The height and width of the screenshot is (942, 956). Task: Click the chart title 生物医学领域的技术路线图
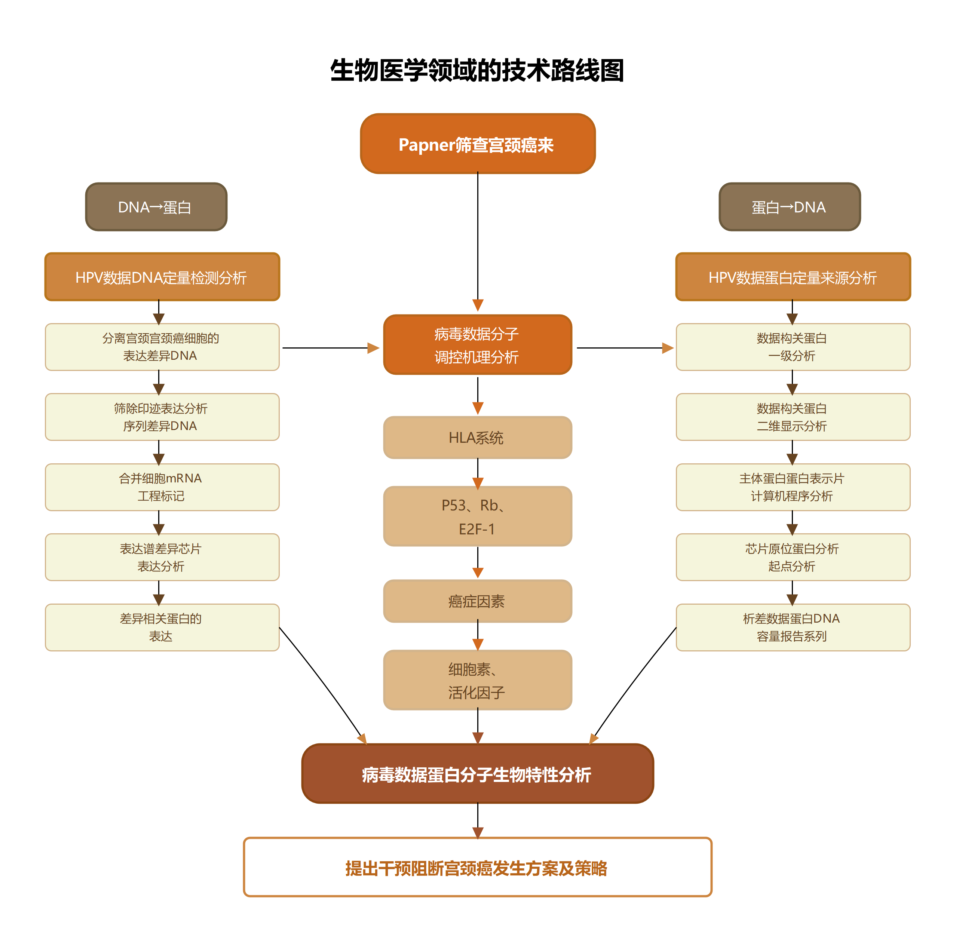pyautogui.click(x=477, y=70)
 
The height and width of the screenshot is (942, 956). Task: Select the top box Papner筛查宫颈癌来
pyautogui.click(x=477, y=144)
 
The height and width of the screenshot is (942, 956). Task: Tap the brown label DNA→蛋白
pyautogui.click(x=156, y=207)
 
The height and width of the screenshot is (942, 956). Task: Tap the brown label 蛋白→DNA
pyautogui.click(x=789, y=207)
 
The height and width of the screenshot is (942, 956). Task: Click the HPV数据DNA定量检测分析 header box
pyautogui.click(x=162, y=277)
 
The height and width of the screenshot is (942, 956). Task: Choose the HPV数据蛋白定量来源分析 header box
pyautogui.click(x=793, y=277)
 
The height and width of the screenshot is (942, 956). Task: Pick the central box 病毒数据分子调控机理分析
pyautogui.click(x=477, y=345)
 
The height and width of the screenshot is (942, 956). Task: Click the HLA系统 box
pyautogui.click(x=477, y=438)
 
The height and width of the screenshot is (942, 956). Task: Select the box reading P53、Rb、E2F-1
pyautogui.click(x=477, y=516)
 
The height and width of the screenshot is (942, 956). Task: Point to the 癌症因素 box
pyautogui.click(x=477, y=601)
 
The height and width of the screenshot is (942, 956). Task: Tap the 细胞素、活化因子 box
pyautogui.click(x=477, y=680)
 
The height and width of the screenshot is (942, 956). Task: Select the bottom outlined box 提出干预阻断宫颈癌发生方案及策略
pyautogui.click(x=477, y=867)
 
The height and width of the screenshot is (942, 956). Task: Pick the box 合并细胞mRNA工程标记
pyautogui.click(x=162, y=487)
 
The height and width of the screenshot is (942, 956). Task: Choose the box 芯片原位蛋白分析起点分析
pyautogui.click(x=793, y=557)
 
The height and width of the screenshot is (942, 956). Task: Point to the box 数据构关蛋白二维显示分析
pyautogui.click(x=793, y=417)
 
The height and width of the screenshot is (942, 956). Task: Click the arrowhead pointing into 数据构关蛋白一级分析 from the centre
pyautogui.click(x=668, y=348)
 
